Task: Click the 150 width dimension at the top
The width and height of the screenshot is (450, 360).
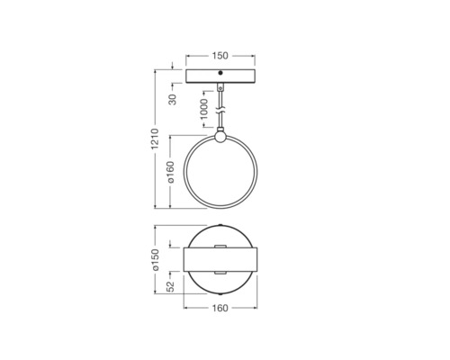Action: coord(220,56)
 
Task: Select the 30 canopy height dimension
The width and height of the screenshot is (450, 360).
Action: coord(173,99)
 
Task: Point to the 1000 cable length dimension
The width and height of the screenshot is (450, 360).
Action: coord(203,109)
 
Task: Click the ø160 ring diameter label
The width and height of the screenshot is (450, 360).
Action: coord(170,172)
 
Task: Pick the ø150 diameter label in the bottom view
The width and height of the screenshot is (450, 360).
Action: coord(156,260)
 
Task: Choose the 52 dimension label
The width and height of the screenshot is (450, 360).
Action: coord(170,286)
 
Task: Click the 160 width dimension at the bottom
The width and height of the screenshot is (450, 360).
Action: coord(220,308)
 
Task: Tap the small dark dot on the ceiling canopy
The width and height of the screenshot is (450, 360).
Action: coord(220,73)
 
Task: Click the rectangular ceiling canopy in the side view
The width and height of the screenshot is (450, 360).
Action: coord(220,76)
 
